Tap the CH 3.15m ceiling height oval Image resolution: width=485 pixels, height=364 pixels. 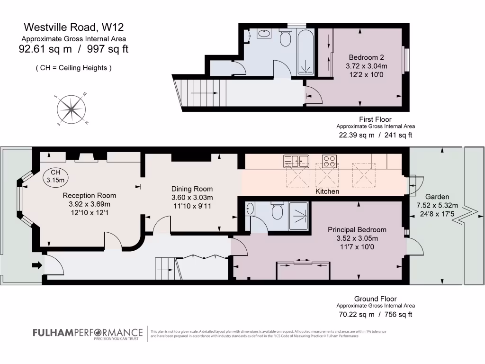(x=56, y=176)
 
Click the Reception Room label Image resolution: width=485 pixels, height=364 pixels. (x=90, y=195)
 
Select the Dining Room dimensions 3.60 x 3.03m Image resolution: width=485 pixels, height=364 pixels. (x=192, y=197)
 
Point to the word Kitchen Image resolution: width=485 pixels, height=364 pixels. (x=327, y=191)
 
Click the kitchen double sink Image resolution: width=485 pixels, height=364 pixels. (x=296, y=161)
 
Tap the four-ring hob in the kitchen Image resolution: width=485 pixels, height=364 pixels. (x=329, y=161)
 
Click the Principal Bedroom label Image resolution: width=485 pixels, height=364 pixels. (x=357, y=229)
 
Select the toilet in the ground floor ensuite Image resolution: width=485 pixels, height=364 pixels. (x=278, y=211)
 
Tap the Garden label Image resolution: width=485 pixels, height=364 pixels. (x=437, y=197)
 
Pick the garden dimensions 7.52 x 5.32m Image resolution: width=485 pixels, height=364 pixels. (x=437, y=205)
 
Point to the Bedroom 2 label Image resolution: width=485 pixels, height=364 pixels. (x=362, y=58)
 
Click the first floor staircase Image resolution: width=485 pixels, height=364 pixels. (x=199, y=93)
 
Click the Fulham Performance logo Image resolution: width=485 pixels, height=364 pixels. (x=88, y=334)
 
